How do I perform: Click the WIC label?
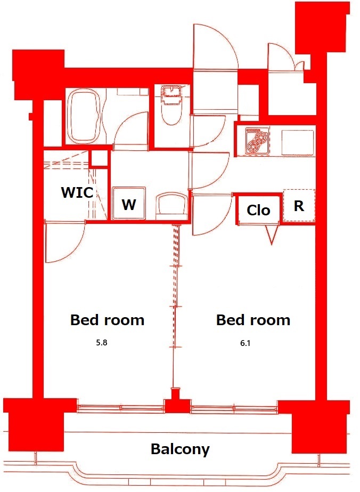coord(77,192)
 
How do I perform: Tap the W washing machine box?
coord(128,204)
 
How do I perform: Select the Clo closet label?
coord(258,210)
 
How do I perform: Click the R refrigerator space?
coord(299,206)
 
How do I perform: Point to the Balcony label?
coord(180,449)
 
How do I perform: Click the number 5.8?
coord(101,343)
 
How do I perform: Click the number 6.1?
coord(245,343)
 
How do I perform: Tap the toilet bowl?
coord(171,109)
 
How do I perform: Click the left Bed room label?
coord(107,320)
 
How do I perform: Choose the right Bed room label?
coord(253,320)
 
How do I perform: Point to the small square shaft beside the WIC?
coord(99,158)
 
